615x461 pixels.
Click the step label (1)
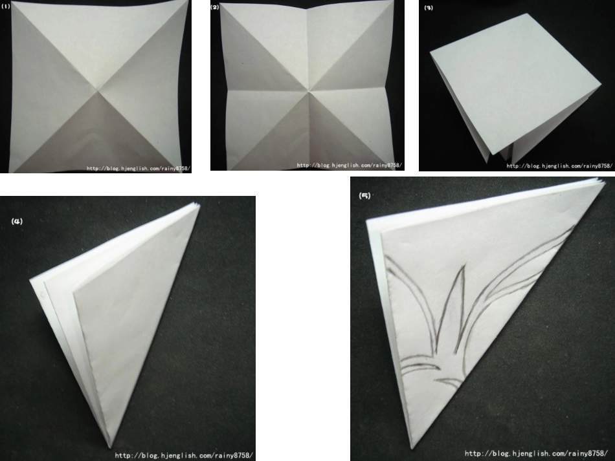point(5,6)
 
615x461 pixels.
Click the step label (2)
point(215,7)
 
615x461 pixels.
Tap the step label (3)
point(429,8)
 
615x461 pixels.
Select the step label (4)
point(17,221)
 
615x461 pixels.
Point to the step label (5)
point(364,195)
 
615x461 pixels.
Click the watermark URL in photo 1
point(139,169)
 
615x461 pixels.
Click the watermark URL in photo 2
point(350,166)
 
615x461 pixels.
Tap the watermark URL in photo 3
point(559,166)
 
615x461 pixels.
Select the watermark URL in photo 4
point(184,456)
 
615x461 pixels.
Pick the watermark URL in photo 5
point(536,453)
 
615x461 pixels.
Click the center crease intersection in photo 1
point(98,91)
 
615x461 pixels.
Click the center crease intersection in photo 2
point(309,91)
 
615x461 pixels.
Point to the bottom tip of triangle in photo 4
point(110,447)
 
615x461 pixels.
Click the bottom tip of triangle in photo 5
point(411,449)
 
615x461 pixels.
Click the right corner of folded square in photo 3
point(601,84)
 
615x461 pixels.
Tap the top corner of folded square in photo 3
point(526,14)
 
